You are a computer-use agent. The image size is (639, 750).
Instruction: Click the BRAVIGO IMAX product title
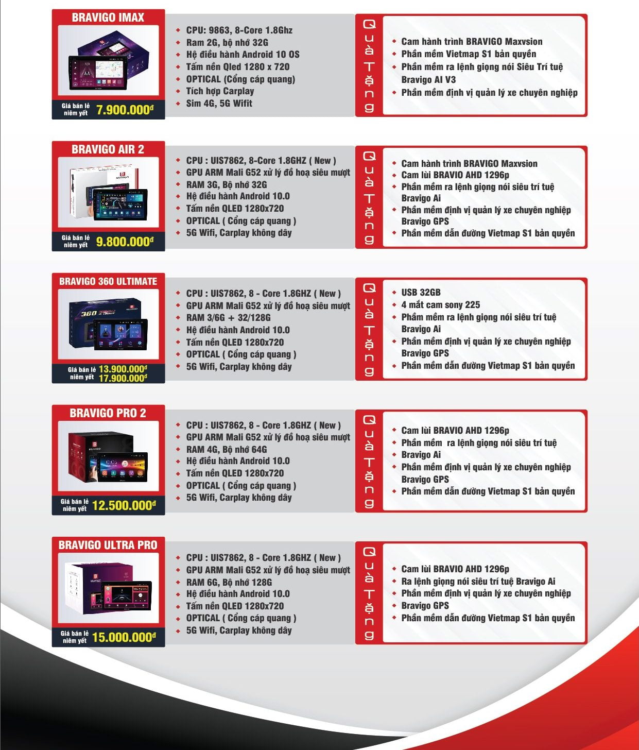pos(108,18)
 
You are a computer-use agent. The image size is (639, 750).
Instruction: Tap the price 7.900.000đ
pos(125,110)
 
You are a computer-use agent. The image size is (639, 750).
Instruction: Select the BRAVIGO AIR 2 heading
pos(108,149)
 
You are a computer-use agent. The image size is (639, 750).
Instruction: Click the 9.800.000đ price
pos(125,242)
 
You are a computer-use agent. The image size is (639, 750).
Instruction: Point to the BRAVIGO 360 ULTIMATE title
pos(108,281)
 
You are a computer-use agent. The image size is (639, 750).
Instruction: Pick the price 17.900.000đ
pos(123,378)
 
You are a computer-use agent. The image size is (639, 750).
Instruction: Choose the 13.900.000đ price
pos(123,369)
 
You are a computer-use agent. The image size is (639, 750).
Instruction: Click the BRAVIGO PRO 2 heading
pos(108,413)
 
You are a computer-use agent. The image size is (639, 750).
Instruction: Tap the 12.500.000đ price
pos(124,505)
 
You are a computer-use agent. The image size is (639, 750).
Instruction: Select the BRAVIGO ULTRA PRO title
pos(108,545)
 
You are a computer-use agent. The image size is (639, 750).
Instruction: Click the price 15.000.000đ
pos(124,637)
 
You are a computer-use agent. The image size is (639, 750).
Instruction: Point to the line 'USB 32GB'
pos(421,292)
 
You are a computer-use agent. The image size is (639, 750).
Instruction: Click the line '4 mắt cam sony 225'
pos(440,305)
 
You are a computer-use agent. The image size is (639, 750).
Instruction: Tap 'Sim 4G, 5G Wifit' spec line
pos(219,104)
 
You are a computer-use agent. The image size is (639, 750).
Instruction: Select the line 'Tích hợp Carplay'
pos(220,91)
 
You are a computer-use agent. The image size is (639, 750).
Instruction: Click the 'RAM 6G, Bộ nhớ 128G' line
pos(229,582)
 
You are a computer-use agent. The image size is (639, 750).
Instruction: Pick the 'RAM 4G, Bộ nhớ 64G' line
pos(226,449)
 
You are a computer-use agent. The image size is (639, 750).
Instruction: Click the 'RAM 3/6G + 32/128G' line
pos(228,317)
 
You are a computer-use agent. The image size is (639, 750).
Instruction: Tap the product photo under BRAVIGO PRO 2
pos(108,456)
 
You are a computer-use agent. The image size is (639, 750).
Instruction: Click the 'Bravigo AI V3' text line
pos(428,79)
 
